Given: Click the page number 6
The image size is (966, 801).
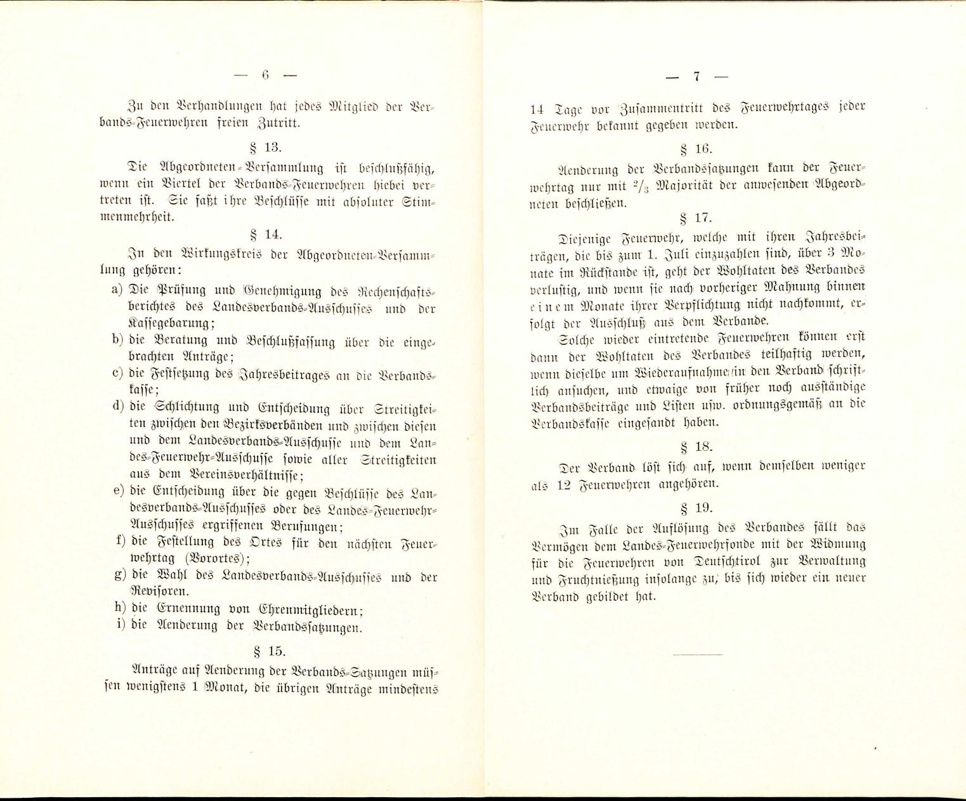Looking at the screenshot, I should click(x=265, y=75).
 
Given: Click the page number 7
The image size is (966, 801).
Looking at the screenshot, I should click(x=696, y=77).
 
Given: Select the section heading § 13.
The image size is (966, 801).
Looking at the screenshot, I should click(x=264, y=148).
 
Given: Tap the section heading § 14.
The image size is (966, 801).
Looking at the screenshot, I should click(x=264, y=234).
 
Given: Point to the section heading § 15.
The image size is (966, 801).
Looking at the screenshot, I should click(x=264, y=651).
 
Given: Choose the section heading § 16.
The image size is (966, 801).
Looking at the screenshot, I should click(x=696, y=150).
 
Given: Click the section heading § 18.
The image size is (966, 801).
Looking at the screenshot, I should click(x=696, y=447).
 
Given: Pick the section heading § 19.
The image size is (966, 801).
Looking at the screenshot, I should click(x=696, y=507).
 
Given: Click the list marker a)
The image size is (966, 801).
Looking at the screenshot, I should click(x=117, y=290).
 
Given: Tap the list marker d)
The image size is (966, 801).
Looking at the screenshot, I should click(x=117, y=407).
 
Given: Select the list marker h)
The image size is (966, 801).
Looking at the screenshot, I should click(x=117, y=608).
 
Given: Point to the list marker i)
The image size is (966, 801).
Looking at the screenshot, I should click(x=119, y=625).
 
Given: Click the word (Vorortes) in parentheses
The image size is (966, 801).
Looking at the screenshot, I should click(x=212, y=559).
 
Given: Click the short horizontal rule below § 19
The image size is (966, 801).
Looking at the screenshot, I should click(x=697, y=654).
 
